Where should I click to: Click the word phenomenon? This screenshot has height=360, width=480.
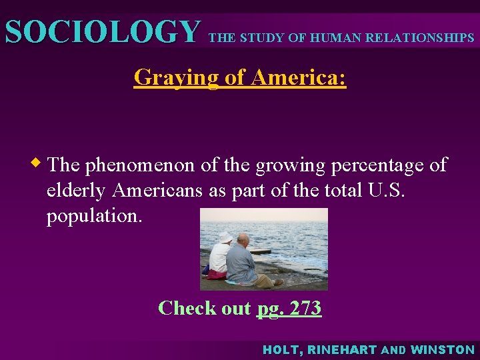pyautogui.click(x=141, y=165)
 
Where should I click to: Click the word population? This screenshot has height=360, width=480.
pyautogui.click(x=94, y=217)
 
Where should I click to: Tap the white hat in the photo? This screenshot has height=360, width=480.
pyautogui.click(x=225, y=237)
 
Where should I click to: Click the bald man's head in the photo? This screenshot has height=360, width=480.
pyautogui.click(x=243, y=241)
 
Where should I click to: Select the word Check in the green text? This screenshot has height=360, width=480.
pyautogui.click(x=187, y=308)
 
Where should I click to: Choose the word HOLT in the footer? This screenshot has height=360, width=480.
pyautogui.click(x=279, y=349)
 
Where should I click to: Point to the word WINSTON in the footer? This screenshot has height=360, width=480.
pyautogui.click(x=443, y=349)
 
